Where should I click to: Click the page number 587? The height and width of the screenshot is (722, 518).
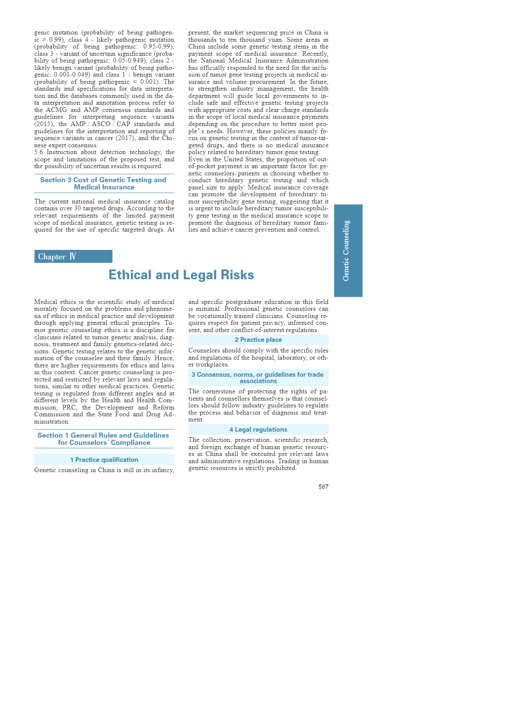(323, 487)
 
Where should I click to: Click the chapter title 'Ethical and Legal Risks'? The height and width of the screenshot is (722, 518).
(181, 275)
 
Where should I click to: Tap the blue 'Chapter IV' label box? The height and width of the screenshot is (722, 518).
(73, 256)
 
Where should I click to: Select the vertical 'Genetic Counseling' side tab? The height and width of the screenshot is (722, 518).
(348, 250)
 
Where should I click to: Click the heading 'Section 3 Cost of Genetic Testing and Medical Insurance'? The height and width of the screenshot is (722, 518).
(104, 183)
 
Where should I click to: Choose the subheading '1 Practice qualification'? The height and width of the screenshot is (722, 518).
(104, 460)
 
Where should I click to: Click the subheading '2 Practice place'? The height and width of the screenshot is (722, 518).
(258, 340)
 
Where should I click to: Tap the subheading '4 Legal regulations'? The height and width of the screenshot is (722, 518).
(258, 430)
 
